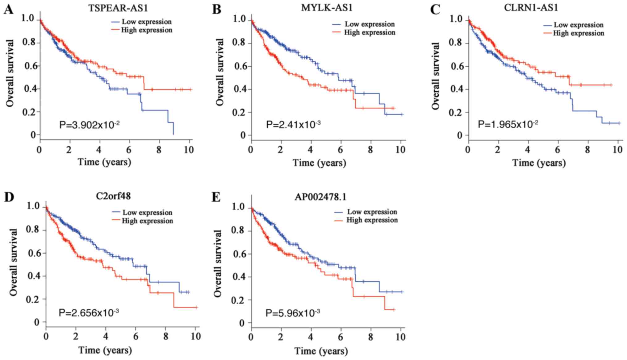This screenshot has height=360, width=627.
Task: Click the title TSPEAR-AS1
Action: tap(118, 8)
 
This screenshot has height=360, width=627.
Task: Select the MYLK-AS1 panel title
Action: tap(327, 7)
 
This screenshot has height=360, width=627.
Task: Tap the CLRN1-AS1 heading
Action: tap(531, 7)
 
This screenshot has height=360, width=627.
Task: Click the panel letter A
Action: tap(8, 10)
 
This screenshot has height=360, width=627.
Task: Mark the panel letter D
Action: tap(9, 197)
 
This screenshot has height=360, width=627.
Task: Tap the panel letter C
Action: tap(435, 10)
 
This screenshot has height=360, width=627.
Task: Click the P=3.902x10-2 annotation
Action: tap(89, 125)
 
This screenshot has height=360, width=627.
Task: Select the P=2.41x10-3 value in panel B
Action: tap(293, 125)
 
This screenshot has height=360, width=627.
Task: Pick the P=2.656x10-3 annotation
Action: tap(89, 313)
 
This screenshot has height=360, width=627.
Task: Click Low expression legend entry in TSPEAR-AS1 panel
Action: tap(146, 22)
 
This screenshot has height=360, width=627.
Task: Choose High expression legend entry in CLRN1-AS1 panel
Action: tap(578, 33)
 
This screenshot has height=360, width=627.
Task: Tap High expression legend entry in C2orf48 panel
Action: tap(147, 221)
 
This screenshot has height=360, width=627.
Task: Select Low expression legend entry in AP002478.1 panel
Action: tap(372, 212)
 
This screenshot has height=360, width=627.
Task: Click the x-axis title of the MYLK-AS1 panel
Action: tap(319, 163)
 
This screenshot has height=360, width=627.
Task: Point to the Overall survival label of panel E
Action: tap(218, 264)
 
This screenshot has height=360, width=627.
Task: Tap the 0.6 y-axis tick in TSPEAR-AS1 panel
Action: tap(29, 66)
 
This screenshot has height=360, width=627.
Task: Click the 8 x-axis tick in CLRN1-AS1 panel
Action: tap(587, 150)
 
